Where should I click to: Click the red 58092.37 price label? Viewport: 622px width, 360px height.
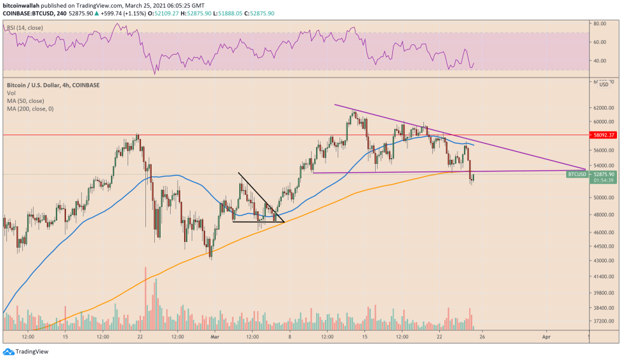(x=603, y=135)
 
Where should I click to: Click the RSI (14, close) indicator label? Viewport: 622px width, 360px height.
(x=25, y=28)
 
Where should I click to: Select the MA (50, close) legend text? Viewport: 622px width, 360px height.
(x=26, y=102)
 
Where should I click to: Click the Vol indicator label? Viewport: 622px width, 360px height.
(x=11, y=93)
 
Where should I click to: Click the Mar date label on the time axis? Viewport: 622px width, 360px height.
(x=215, y=337)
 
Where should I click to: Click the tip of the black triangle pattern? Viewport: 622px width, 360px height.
(x=284, y=222)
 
